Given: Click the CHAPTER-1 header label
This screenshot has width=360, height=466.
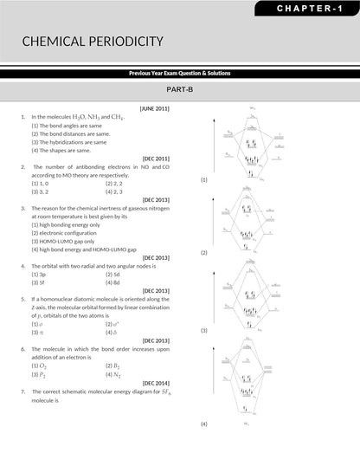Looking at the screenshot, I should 309,8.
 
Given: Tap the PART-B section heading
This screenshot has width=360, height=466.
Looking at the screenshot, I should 179,89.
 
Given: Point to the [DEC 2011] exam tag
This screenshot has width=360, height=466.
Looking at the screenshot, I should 156,159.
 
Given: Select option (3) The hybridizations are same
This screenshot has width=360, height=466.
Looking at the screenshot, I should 67,142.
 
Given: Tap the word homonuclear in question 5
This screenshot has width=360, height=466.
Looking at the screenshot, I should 59,299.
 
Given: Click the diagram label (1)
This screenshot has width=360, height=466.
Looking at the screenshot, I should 204,179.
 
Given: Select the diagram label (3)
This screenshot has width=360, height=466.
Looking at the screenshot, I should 204,331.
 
